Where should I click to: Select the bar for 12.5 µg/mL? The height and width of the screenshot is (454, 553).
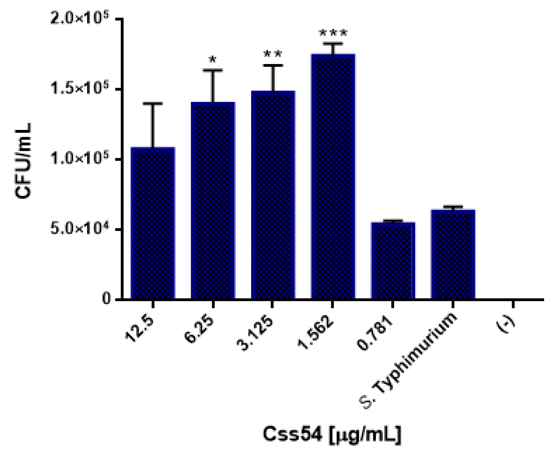[153, 224]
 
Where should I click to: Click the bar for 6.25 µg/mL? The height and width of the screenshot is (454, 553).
[213, 201]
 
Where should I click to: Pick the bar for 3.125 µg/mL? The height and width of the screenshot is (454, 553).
[273, 195]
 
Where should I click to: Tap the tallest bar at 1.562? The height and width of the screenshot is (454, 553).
[333, 177]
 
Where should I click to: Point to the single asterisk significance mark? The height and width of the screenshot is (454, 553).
[213, 60]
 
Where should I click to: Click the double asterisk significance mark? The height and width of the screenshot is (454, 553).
[273, 55]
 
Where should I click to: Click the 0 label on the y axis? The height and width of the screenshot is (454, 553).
[106, 299]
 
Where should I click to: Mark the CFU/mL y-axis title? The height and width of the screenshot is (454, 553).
[24, 161]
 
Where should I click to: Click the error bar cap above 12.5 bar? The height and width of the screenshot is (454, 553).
[153, 104]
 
